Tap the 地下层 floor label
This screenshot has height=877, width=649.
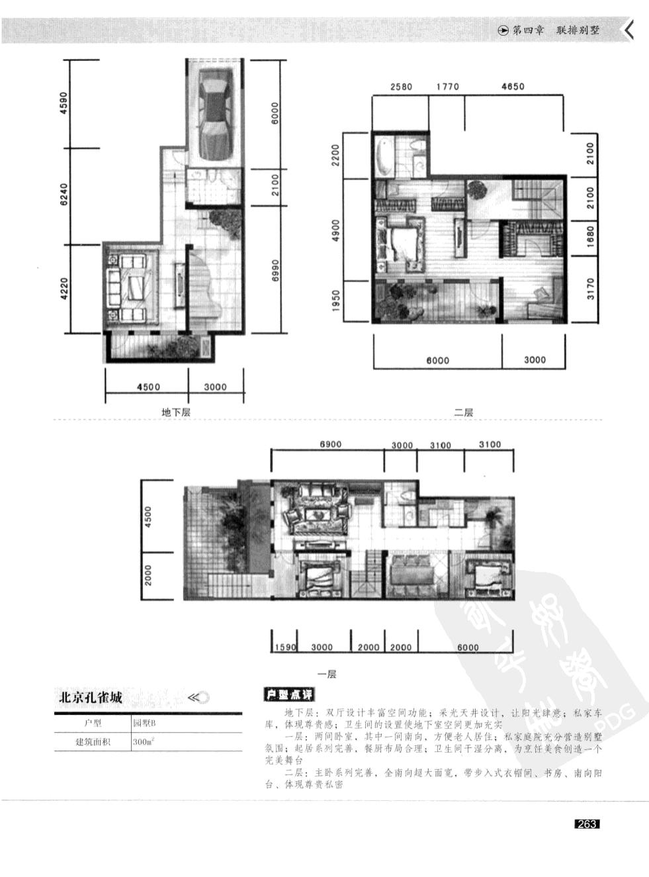[x=176, y=412]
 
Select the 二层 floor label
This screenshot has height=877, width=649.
[x=463, y=412]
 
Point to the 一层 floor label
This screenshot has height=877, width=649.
[x=327, y=674]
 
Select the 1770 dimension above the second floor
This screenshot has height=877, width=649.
[x=447, y=86]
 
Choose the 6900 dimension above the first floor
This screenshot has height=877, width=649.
[x=330, y=444]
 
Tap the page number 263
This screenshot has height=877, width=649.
[x=587, y=824]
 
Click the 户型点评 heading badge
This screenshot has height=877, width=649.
[x=289, y=695]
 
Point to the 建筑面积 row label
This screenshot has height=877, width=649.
[x=93, y=742]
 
